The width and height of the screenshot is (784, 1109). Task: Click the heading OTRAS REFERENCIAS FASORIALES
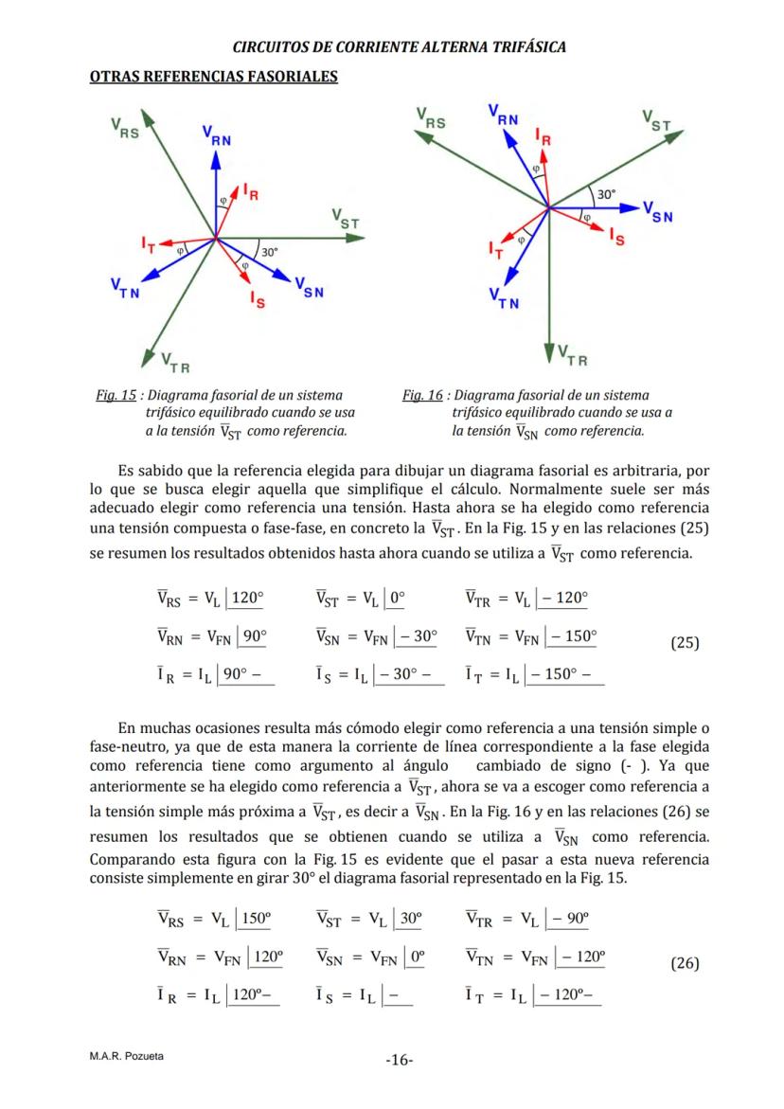[213, 77]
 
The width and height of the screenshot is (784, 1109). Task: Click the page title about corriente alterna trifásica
[399, 47]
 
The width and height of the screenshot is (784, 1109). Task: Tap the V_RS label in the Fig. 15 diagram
[125, 129]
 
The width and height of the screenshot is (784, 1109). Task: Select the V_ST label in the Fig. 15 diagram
[346, 218]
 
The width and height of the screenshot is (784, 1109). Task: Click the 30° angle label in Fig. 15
[270, 252]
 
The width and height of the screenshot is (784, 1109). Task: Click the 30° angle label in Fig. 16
[606, 193]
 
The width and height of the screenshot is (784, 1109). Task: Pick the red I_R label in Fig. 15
[251, 192]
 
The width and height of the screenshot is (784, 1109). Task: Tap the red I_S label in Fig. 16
[617, 237]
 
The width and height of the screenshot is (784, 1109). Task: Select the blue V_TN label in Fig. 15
[125, 287]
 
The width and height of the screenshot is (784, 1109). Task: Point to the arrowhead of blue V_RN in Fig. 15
[215, 157]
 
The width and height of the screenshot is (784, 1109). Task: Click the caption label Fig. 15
[112, 395]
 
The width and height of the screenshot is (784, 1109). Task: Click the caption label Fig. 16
[422, 395]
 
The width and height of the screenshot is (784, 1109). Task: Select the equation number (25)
[685, 642]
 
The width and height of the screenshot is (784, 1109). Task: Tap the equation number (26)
[685, 963]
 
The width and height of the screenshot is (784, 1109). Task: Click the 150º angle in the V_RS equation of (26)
[257, 917]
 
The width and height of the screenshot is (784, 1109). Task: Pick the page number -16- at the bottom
[399, 1060]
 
